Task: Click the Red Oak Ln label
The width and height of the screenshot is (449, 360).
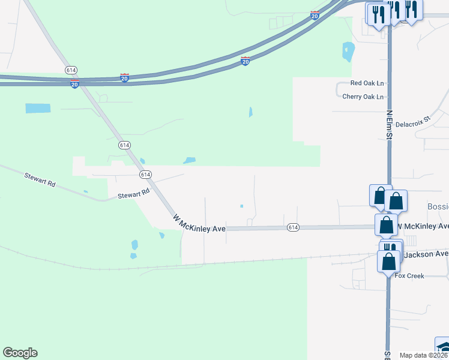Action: point(367,83)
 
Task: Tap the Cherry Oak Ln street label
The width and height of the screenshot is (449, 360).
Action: point(363,96)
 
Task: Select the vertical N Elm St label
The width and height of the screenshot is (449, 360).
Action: point(389,125)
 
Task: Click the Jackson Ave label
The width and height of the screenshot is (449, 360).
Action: point(426,254)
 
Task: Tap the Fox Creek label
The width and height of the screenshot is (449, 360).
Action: point(409,276)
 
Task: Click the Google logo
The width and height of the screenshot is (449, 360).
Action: point(20,353)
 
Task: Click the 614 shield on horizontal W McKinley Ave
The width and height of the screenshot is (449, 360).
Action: point(292,227)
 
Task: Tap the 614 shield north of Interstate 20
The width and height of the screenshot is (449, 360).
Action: point(70,71)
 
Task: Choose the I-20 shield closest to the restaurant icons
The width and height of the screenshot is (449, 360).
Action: point(315,16)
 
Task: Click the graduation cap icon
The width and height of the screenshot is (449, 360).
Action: point(443,348)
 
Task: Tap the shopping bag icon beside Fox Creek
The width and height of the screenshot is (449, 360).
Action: point(389,262)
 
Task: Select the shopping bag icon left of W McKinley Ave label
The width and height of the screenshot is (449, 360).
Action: point(387,225)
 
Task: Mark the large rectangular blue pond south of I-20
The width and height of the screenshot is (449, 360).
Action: point(38,109)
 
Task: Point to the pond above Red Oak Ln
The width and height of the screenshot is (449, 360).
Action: point(348,52)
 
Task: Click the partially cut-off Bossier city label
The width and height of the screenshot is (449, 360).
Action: point(438,206)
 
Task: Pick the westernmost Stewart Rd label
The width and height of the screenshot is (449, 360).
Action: point(40,179)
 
